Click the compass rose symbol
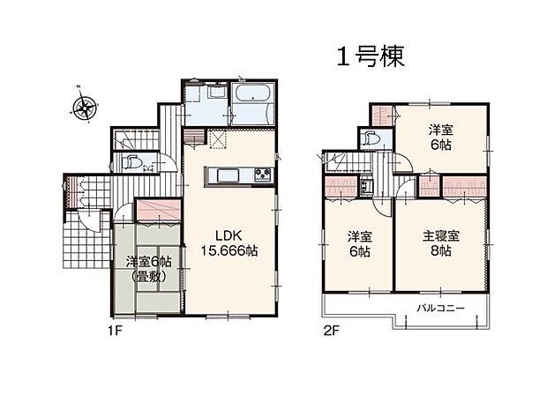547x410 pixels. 86,108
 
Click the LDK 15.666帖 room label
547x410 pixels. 227,243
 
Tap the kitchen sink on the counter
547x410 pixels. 219,174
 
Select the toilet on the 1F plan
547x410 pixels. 131,163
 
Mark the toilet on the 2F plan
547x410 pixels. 369,139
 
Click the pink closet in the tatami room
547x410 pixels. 159,210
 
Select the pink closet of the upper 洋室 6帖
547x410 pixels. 381,116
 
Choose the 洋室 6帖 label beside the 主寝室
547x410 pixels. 357,243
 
